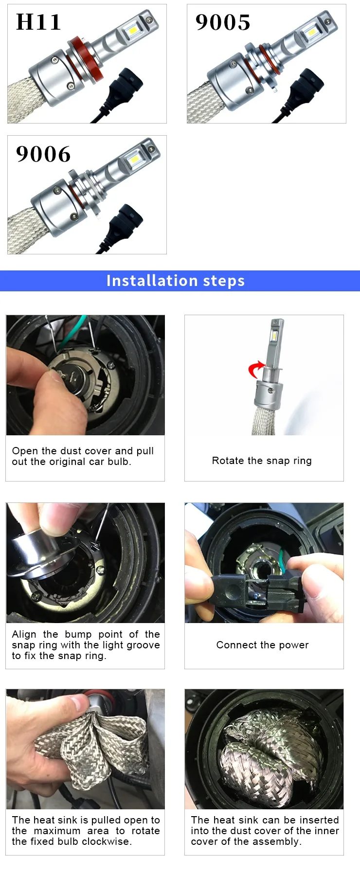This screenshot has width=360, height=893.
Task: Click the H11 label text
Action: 38,22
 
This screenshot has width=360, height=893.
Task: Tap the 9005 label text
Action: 223,22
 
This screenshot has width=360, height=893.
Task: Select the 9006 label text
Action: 43,154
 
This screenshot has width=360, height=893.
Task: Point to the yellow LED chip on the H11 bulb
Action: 133,31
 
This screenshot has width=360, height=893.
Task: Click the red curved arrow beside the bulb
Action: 255,370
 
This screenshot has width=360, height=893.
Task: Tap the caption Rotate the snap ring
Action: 262,461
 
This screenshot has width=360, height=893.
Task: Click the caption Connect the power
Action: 263,645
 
